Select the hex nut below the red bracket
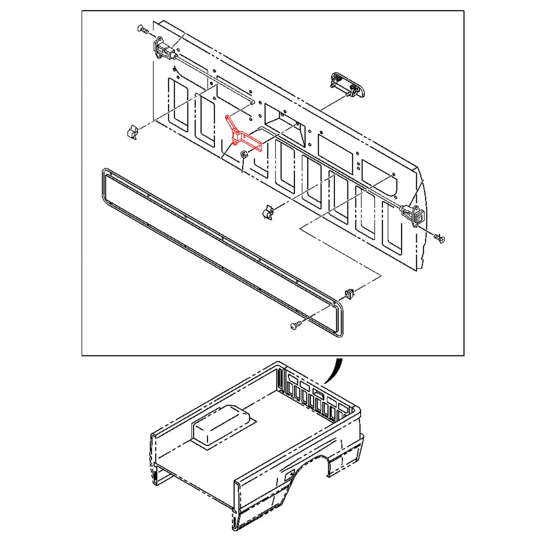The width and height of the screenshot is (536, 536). pos(244,155)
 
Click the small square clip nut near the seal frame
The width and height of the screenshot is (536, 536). pos(349,293)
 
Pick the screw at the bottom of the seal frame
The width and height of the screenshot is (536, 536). pos(295,327)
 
